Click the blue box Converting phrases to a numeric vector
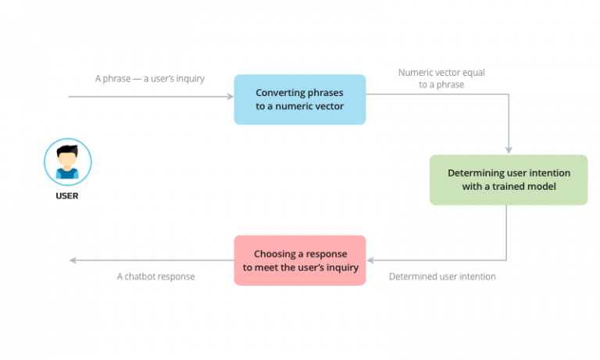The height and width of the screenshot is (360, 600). click(300, 99)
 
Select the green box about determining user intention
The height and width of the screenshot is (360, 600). click(508, 180)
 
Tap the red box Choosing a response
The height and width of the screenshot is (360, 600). click(300, 261)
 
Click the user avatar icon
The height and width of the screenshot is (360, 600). click(67, 162)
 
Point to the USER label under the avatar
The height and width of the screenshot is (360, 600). click(67, 196)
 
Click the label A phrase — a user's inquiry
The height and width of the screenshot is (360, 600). click(150, 78)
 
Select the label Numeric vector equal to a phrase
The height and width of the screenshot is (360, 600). click(441, 78)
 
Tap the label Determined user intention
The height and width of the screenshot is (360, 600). click(442, 276)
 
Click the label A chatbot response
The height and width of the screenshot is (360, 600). click(155, 276)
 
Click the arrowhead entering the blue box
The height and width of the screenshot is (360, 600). click(230, 96)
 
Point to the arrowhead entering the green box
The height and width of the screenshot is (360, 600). click(509, 150)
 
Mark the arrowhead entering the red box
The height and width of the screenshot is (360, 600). click(371, 260)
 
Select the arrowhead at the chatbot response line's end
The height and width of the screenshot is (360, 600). click(73, 260)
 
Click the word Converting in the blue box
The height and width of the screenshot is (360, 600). click(279, 92)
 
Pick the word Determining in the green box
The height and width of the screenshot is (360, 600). click(474, 173)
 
